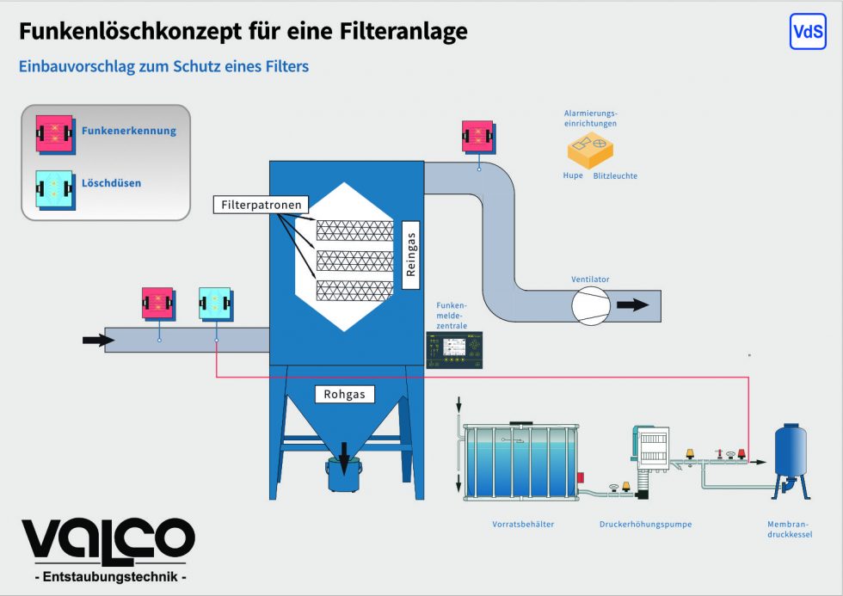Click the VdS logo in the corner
(x=807, y=32)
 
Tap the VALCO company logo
(x=108, y=539)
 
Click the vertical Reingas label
(x=410, y=249)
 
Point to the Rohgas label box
(x=345, y=395)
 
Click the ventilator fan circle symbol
(x=591, y=305)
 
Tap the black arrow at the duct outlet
(x=634, y=304)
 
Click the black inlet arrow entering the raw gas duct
(x=97, y=341)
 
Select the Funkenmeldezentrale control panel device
(x=454, y=349)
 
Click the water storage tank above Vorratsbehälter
(x=520, y=461)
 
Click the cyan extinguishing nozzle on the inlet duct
(x=216, y=304)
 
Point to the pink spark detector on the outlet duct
(x=477, y=136)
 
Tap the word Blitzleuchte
(x=615, y=176)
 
